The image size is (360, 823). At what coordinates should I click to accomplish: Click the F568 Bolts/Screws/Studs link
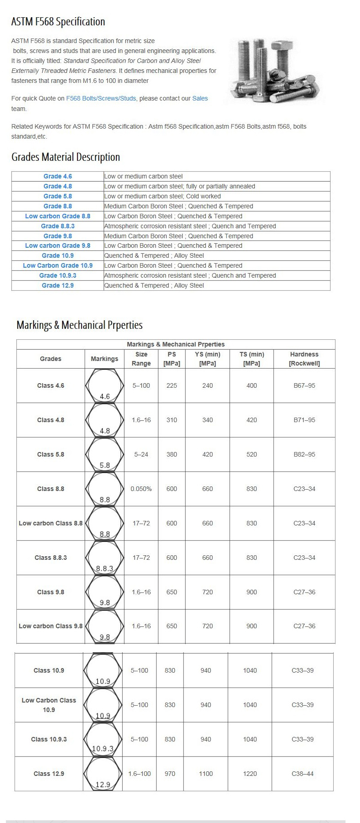[x=101, y=98]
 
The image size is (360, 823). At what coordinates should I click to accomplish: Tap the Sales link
[x=200, y=98]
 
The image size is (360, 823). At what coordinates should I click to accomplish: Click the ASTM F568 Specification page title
[x=58, y=22]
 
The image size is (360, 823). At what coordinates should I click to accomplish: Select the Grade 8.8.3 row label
[x=58, y=226]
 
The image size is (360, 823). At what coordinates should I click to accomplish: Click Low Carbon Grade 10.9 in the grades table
[x=58, y=265]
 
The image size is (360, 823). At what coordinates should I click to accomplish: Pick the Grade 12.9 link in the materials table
[x=58, y=285]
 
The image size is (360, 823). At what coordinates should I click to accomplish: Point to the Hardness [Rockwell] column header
[x=304, y=359]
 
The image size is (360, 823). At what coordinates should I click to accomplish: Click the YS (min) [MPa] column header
[x=207, y=359]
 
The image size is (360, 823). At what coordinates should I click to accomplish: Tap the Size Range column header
[x=141, y=359]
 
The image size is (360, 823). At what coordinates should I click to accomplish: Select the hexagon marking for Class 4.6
[x=105, y=385]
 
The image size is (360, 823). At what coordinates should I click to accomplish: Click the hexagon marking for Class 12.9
[x=103, y=774]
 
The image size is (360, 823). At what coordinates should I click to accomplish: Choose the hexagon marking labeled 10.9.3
[x=103, y=739]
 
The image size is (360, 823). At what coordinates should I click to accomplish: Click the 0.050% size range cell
[x=141, y=489]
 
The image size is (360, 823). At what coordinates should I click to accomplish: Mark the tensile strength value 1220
[x=250, y=774]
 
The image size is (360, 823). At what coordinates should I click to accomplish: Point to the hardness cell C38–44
[x=302, y=774]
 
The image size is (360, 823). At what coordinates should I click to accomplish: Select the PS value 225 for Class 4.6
[x=172, y=385]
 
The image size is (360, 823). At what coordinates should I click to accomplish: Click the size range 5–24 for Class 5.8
[x=141, y=454]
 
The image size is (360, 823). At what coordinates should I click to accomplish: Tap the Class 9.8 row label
[x=51, y=592]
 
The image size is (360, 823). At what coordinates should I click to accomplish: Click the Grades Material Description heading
[x=66, y=157]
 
